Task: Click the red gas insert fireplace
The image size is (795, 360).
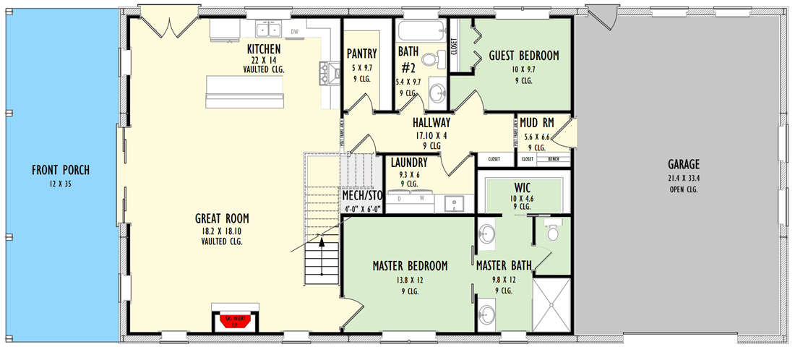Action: click(x=232, y=321)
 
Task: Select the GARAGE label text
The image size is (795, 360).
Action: click(x=683, y=164)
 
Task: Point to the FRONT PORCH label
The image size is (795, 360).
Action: click(x=61, y=171)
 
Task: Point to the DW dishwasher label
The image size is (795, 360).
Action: click(x=295, y=32)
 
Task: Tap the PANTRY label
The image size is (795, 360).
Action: click(x=361, y=53)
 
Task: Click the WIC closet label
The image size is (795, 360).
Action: click(x=523, y=187)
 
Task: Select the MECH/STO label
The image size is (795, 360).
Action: click(x=361, y=195)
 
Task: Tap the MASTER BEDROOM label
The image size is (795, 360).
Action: click(x=410, y=265)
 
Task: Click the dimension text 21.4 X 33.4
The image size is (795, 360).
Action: click(x=683, y=178)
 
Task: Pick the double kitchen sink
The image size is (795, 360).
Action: click(x=271, y=30)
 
